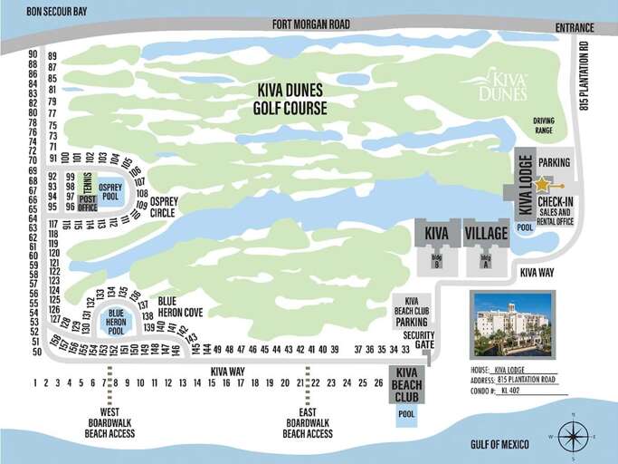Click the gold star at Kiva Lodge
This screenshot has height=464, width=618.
click(541, 184)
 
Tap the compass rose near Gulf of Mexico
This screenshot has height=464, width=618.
click(572, 437)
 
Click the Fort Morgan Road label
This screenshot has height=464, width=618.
click(311, 24)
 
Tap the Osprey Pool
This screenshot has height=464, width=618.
click(110, 191)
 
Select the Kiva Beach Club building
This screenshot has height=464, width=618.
click(406, 384)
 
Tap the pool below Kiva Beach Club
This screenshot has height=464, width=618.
click(406, 414)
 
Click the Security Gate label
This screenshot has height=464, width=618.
click(419, 340)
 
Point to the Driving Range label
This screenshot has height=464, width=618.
click(543, 125)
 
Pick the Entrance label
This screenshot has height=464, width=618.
click(576, 28)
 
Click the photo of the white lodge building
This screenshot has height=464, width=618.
click(512, 324)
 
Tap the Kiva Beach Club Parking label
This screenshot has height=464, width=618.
click(412, 311)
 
